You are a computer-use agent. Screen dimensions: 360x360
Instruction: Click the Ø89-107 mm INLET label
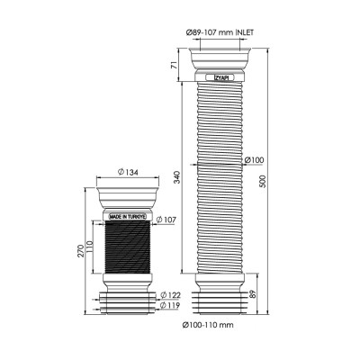(220, 32)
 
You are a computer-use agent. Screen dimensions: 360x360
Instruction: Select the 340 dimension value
(177, 177)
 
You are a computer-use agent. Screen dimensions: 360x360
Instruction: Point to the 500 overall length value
(263, 181)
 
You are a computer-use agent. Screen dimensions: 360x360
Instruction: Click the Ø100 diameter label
(255, 160)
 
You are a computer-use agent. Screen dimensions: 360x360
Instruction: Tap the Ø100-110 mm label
(208, 325)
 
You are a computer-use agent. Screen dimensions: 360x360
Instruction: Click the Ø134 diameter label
(128, 172)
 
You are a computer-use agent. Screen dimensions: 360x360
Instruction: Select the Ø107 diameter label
(166, 220)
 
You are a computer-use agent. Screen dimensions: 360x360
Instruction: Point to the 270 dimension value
(81, 251)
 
